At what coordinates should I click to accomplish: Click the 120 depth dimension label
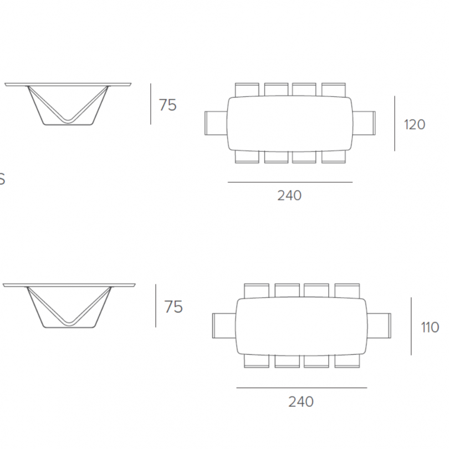click(x=414, y=125)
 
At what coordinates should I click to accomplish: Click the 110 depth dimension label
click(x=430, y=327)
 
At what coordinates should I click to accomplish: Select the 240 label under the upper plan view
click(x=289, y=196)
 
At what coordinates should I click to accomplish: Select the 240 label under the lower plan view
click(x=300, y=401)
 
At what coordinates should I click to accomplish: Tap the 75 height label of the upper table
click(x=168, y=105)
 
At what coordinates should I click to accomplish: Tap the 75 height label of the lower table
click(x=174, y=307)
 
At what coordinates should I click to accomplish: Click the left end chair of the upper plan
click(x=217, y=123)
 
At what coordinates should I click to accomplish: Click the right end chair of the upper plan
click(x=364, y=123)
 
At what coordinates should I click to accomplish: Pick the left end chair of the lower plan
click(x=225, y=325)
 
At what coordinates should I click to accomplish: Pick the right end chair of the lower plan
click(x=379, y=325)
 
